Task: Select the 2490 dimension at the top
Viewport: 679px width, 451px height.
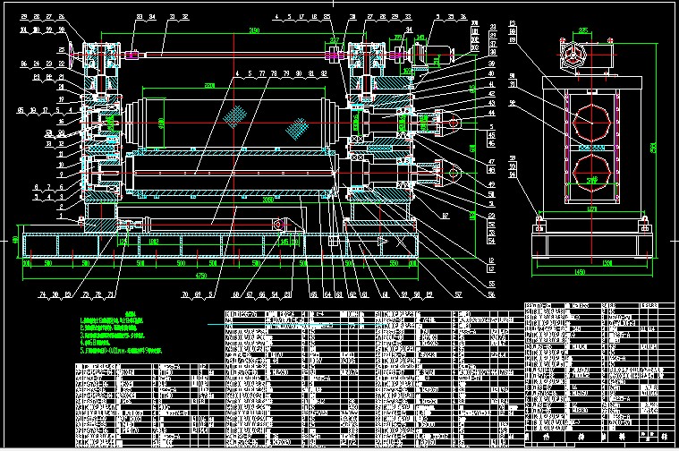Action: click(x=254, y=31)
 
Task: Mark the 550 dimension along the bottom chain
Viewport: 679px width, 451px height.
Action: click(x=397, y=265)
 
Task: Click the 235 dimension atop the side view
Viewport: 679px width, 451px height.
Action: click(x=582, y=30)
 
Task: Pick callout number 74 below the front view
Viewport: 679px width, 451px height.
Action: click(x=42, y=294)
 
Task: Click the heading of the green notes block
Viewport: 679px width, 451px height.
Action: click(x=131, y=313)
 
